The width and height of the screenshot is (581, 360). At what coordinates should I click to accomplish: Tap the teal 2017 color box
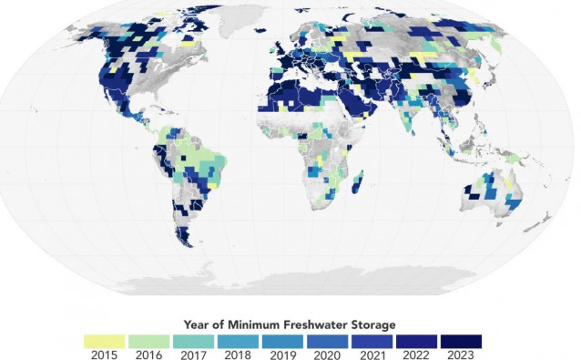194,340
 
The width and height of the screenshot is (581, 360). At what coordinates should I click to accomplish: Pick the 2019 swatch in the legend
283,340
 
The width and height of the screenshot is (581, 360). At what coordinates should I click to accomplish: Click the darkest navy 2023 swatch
462,340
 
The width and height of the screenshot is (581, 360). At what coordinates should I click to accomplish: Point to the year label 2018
239,355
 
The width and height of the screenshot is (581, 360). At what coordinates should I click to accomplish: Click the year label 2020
328,355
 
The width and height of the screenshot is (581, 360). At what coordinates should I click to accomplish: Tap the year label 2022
417,355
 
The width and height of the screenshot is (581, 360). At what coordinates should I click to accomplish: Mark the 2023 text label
462,355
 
